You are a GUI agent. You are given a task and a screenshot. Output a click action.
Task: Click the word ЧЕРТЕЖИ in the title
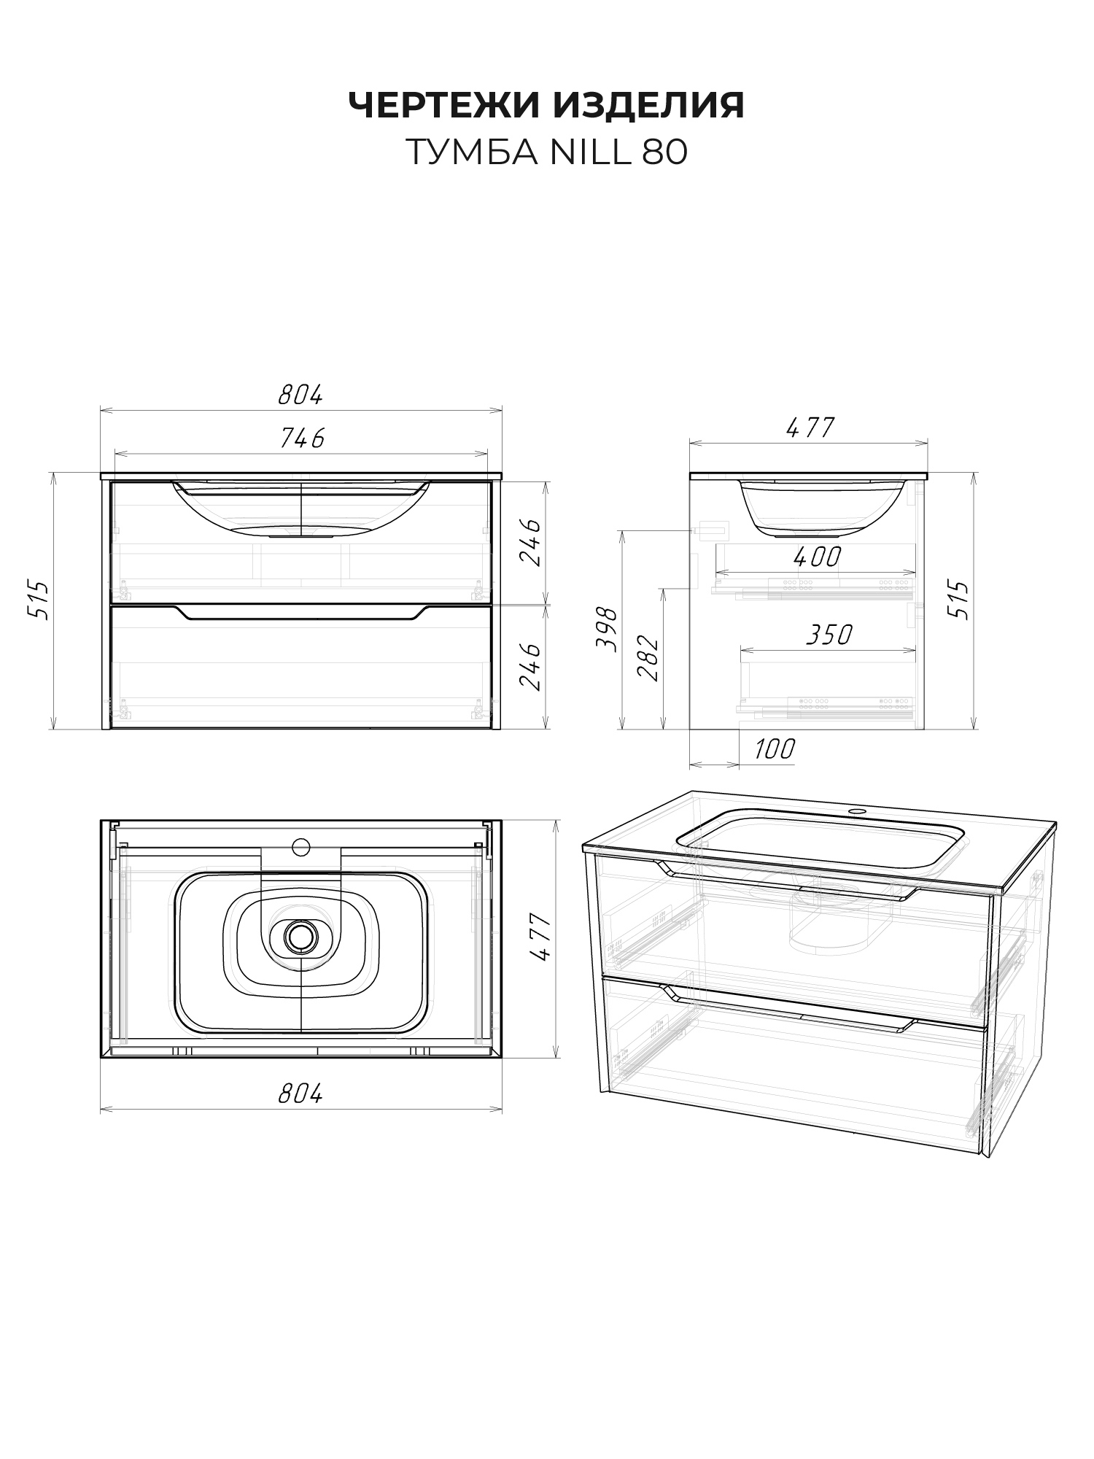coord(444,105)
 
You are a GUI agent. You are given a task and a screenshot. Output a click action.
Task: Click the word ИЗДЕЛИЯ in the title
coord(649,107)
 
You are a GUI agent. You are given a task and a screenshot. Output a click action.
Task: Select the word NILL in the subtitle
coord(590,152)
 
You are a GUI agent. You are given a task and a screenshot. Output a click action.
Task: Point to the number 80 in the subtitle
coord(665,152)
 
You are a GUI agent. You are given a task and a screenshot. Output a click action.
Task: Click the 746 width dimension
coord(303,438)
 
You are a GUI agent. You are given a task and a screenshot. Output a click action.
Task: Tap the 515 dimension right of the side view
coord(962,600)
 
